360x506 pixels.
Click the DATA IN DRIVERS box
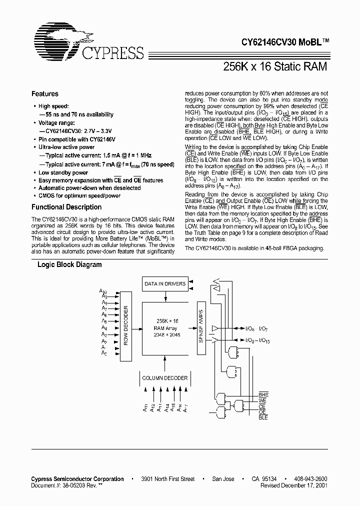(x=165, y=284)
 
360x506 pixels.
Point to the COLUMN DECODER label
(x=165, y=378)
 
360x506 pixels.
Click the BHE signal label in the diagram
(x=263, y=395)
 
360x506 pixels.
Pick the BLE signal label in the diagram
(x=263, y=417)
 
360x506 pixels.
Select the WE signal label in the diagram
(x=262, y=401)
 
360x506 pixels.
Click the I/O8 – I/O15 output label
(x=258, y=340)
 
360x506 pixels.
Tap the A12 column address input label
(x=151, y=408)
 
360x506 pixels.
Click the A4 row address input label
(x=104, y=327)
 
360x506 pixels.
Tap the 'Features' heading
(x=45, y=94)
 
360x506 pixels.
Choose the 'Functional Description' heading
(x=66, y=207)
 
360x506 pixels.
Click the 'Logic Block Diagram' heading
(x=70, y=265)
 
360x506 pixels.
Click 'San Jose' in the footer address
(x=223, y=479)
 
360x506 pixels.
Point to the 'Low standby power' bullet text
(x=63, y=172)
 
